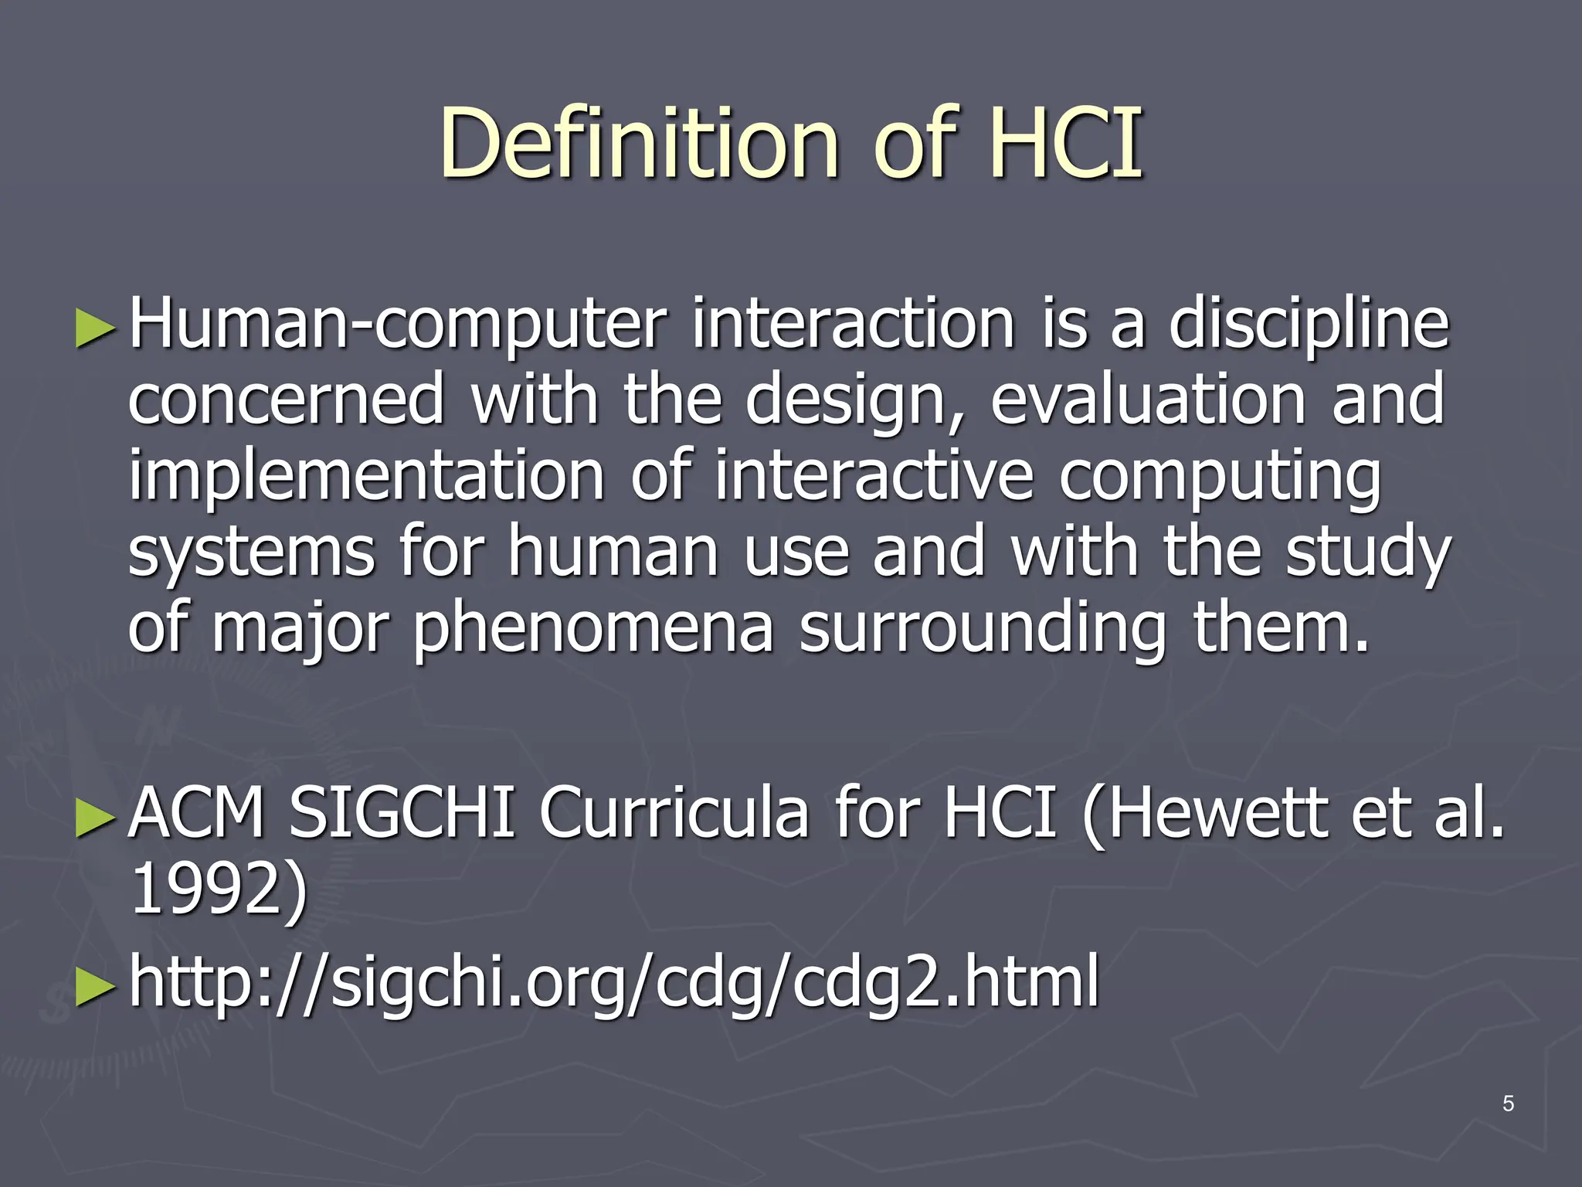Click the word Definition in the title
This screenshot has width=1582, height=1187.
640,143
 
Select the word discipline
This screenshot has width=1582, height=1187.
1309,325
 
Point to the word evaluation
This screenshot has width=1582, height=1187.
1148,399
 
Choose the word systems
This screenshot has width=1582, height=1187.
252,552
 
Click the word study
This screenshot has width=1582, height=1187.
1368,552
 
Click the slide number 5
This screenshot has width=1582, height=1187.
1508,1104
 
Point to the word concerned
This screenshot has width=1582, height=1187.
286,399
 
